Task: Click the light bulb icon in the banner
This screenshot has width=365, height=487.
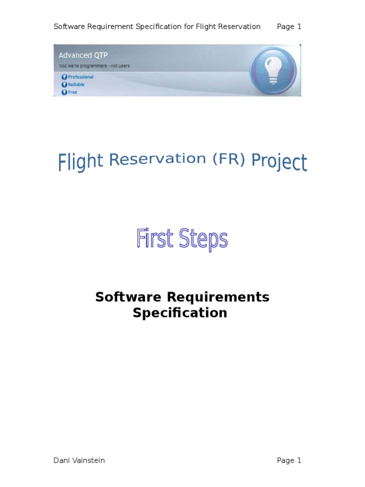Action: (273, 70)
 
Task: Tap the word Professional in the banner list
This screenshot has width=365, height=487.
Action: (80, 77)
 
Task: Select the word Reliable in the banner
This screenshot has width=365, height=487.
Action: (76, 84)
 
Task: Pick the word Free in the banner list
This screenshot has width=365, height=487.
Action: (72, 92)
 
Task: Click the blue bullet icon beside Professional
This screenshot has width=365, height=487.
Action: (64, 77)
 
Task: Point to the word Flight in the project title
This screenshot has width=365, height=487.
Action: (81, 162)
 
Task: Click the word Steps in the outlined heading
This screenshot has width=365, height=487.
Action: (204, 240)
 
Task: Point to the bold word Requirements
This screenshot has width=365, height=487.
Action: (218, 297)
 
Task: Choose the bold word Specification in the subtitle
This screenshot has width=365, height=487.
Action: (180, 313)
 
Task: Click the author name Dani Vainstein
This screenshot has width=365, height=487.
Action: (79, 460)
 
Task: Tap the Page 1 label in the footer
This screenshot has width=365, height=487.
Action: (289, 460)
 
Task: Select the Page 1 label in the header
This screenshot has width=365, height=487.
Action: (289, 27)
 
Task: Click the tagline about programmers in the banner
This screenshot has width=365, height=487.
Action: (94, 66)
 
